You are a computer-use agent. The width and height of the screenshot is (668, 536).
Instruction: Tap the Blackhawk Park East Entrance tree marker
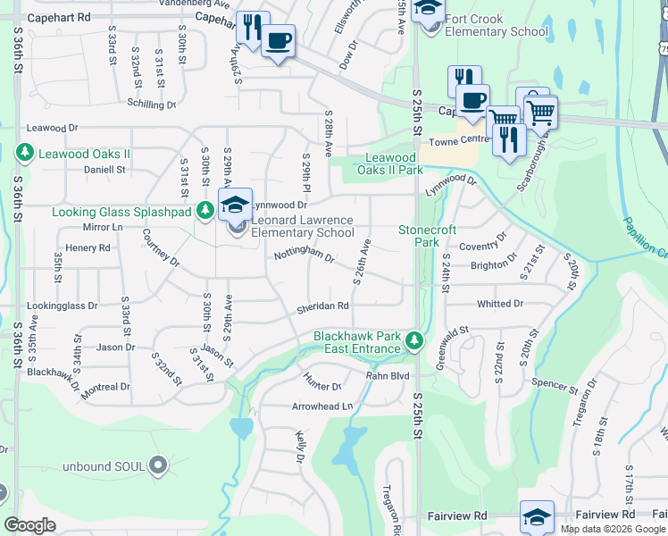[413, 341]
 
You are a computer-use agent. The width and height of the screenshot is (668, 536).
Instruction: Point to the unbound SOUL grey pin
[158, 465]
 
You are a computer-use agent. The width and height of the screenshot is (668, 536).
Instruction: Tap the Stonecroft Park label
[419, 236]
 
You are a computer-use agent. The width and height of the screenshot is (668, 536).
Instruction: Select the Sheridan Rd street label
[322, 306]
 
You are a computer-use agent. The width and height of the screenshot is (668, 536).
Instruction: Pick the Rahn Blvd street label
[388, 376]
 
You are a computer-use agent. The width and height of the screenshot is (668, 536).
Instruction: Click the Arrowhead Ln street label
[322, 406]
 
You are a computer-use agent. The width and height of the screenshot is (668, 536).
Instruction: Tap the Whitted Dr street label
[500, 305]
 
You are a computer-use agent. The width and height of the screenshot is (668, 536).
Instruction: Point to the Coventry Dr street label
[482, 242]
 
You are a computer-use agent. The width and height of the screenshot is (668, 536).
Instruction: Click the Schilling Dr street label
[151, 105]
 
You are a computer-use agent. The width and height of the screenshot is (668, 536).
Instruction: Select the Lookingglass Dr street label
[63, 306]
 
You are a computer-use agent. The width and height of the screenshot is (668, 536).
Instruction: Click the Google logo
[30, 525]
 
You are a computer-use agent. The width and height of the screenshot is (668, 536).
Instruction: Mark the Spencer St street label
[555, 385]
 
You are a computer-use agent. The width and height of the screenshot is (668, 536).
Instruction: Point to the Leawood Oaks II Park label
[389, 164]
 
